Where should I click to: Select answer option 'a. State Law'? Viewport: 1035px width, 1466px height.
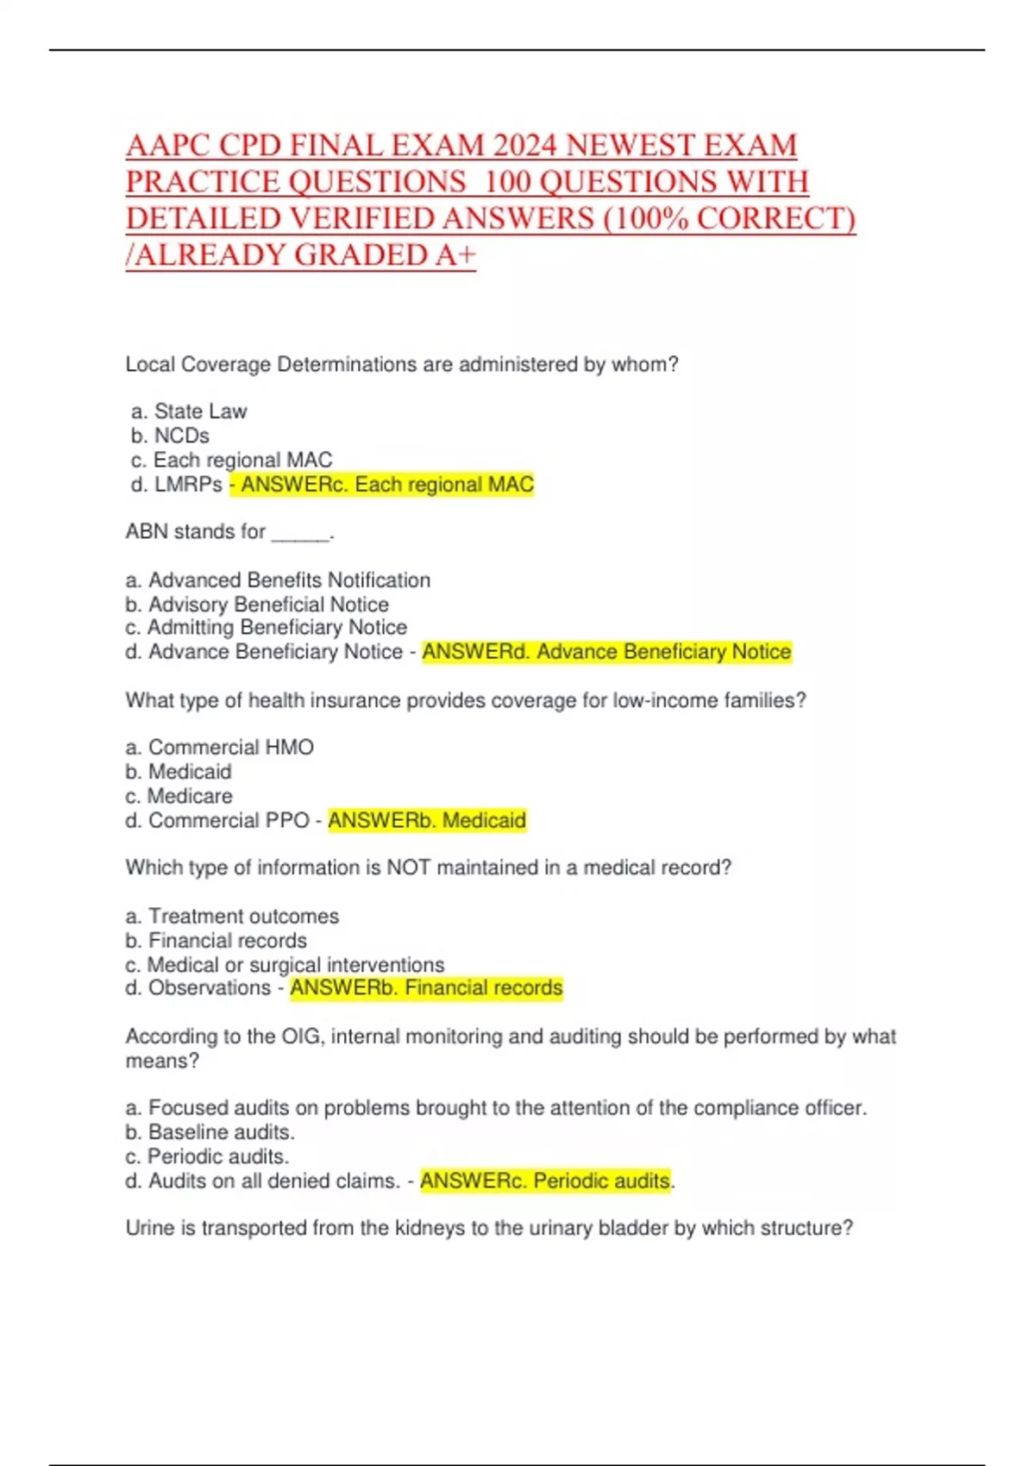pos(189,411)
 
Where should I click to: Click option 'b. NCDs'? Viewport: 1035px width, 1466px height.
pos(170,435)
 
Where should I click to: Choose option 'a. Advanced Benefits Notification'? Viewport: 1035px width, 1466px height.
pos(278,580)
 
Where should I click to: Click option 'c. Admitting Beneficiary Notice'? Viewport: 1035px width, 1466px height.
pos(266,628)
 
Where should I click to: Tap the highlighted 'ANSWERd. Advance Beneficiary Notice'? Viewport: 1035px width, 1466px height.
pos(606,652)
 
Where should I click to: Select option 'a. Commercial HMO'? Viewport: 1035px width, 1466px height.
pos(219,748)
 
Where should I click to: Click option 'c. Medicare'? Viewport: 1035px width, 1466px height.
pos(179,796)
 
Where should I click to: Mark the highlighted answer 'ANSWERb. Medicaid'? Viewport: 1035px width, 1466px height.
pos(427,820)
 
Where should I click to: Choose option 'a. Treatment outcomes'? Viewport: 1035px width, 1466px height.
pos(232,916)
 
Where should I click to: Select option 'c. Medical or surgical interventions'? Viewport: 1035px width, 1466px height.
pos(285,964)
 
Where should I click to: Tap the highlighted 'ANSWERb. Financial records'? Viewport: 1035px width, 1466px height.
pos(426,988)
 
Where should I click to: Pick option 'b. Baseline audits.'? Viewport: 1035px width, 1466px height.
pos(210,1132)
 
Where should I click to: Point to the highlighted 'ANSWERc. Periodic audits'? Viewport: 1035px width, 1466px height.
pos(545,1181)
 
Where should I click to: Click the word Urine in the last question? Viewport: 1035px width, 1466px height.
pos(150,1228)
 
